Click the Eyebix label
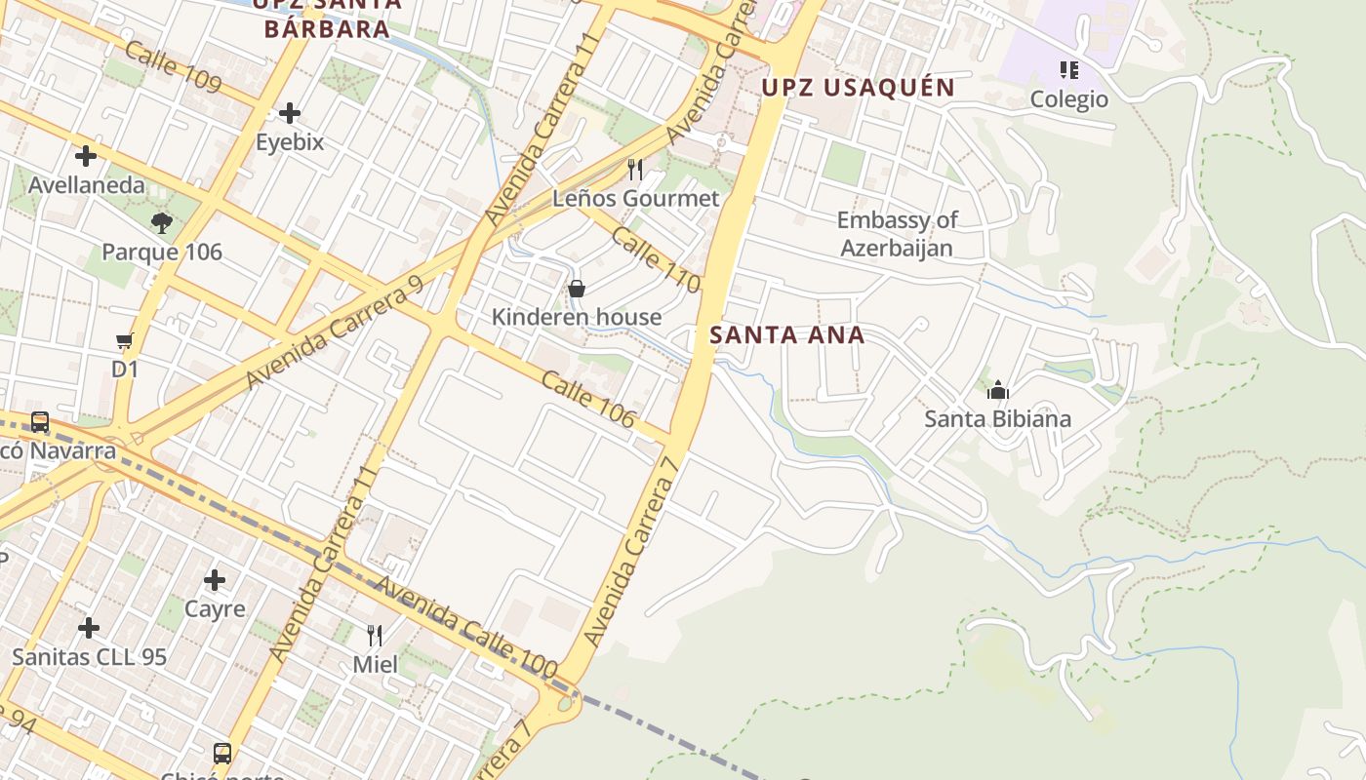290,142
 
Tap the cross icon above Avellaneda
86,155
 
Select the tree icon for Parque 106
162,223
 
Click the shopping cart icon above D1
124,341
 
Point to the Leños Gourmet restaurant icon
635,170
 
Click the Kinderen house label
576,317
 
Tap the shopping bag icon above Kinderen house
577,289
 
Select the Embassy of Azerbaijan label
897,234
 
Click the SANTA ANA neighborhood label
786,335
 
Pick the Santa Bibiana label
997,419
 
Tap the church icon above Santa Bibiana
997,391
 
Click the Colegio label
1069,99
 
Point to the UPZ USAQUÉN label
858,88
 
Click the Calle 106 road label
587,399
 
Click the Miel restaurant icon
375,636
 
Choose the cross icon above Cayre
215,581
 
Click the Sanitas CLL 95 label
90,657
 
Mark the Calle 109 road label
173,66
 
